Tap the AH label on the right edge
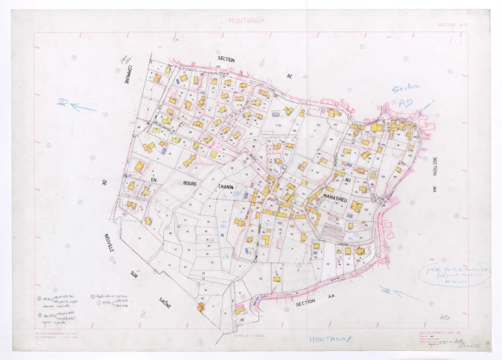434,189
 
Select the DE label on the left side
105,182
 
